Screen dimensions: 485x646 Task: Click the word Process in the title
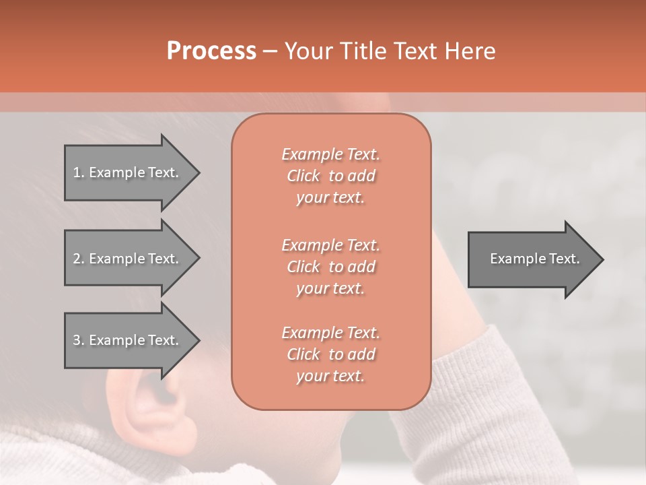coord(211,51)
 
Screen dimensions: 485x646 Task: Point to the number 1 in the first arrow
coord(77,172)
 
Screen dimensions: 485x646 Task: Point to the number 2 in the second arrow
coord(77,259)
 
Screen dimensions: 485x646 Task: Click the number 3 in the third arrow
coord(77,340)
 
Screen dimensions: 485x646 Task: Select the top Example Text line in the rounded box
coord(330,154)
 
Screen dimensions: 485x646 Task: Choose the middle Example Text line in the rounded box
coord(330,245)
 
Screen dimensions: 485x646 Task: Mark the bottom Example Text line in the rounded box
coord(330,333)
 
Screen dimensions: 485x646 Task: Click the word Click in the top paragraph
coord(303,176)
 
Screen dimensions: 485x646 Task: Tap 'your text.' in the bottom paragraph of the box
coord(330,377)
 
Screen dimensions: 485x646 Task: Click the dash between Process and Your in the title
coord(270,51)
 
